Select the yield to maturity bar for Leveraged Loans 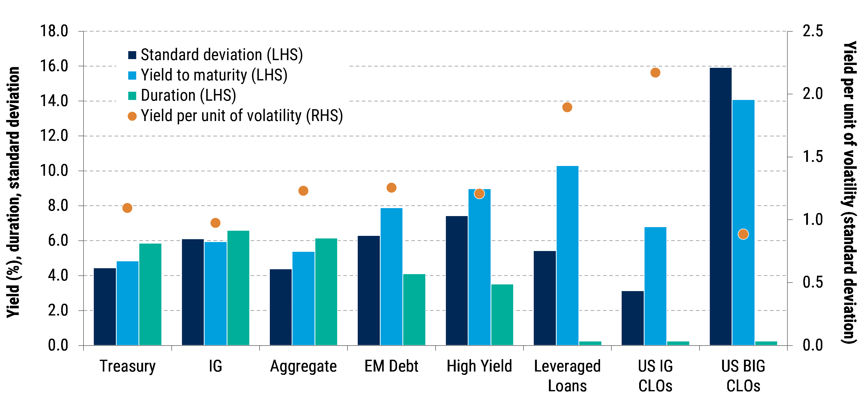[x=567, y=255]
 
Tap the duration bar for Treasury [x=150, y=294]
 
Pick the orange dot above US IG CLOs [x=655, y=72]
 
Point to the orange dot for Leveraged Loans [x=567, y=107]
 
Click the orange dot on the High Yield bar [x=479, y=194]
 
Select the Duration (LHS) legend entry [x=188, y=96]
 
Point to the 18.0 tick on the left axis [x=54, y=31]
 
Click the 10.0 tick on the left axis [x=54, y=171]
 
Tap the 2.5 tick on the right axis [x=813, y=31]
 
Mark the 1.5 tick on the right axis [x=813, y=157]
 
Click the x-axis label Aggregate [x=303, y=366]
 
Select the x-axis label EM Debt [x=391, y=366]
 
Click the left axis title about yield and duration [x=13, y=191]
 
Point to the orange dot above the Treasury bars [x=127, y=208]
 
